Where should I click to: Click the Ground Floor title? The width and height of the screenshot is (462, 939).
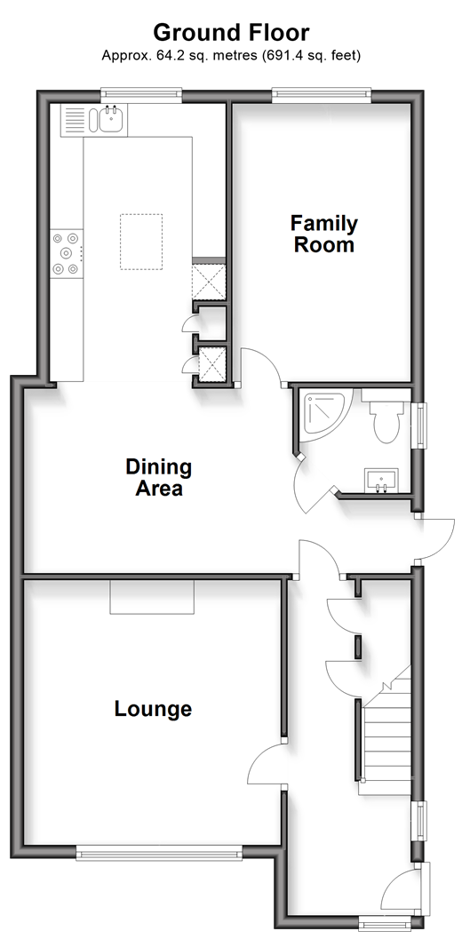click(x=231, y=32)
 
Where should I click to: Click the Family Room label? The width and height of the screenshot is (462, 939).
click(x=324, y=234)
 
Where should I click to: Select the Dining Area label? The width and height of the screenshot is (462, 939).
click(x=159, y=477)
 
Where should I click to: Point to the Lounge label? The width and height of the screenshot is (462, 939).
click(x=153, y=709)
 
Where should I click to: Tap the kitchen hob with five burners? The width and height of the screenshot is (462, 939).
click(x=66, y=253)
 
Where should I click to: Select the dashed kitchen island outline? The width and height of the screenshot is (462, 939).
click(x=140, y=242)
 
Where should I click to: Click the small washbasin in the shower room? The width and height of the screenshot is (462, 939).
click(x=379, y=480)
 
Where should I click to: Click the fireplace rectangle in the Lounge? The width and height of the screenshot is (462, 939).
click(x=152, y=596)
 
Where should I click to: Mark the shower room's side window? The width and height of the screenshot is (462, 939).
click(x=422, y=426)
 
